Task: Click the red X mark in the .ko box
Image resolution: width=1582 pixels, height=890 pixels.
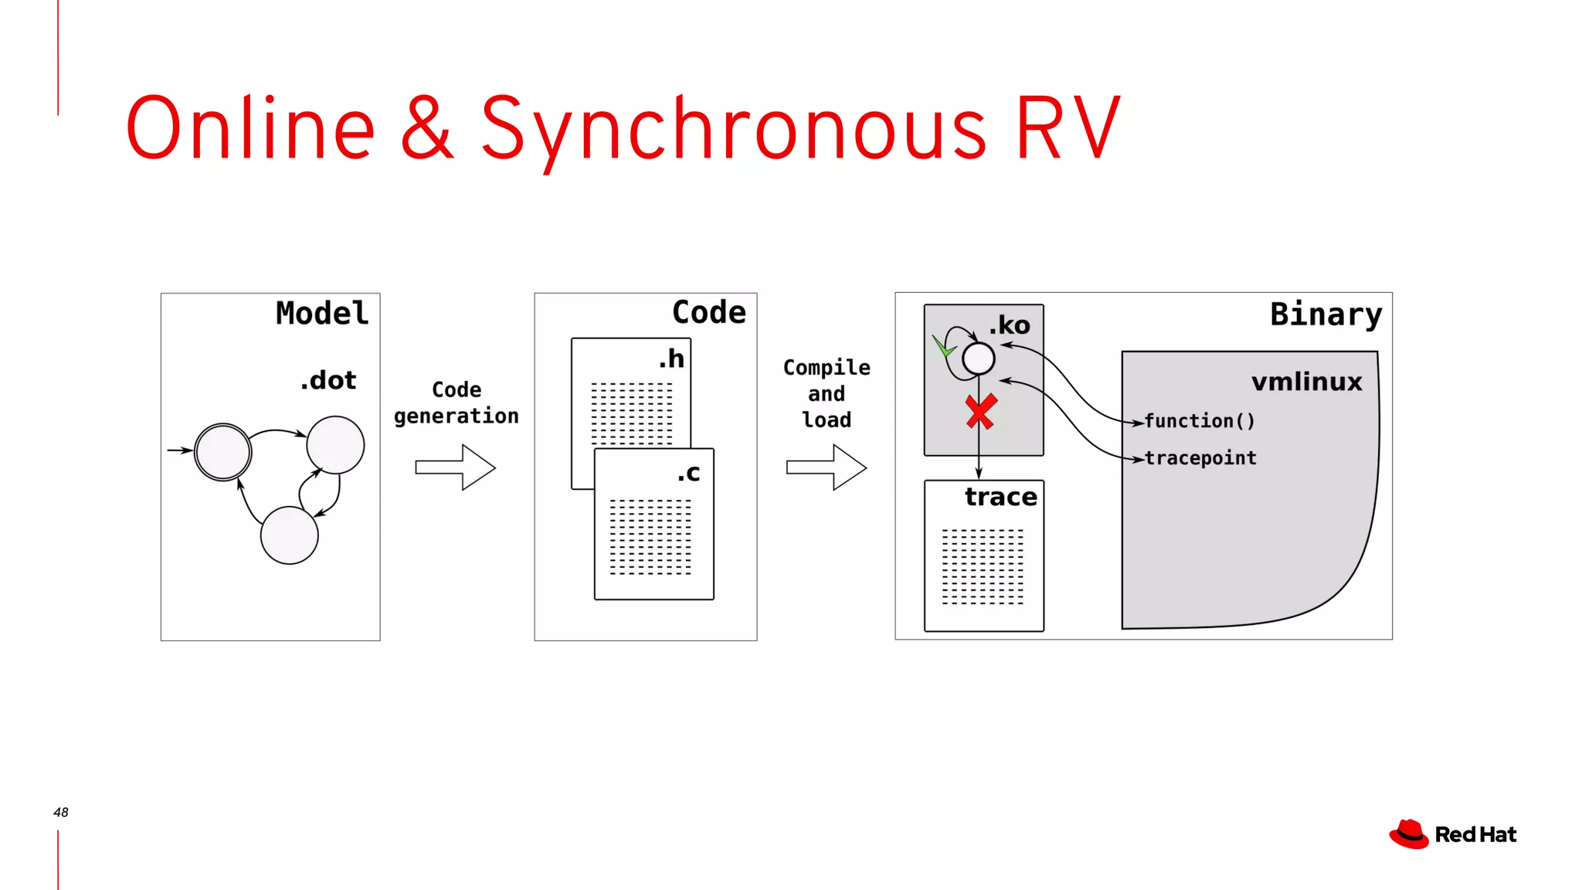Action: [x=981, y=412]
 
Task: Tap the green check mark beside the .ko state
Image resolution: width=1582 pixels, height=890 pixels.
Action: [x=943, y=346]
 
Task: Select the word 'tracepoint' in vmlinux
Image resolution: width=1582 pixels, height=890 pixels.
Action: [x=1200, y=458]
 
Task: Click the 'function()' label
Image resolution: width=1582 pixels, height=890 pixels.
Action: [x=1199, y=421]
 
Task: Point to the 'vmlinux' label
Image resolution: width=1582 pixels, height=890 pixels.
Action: [x=1306, y=382]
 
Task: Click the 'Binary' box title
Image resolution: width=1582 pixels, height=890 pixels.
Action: [x=1326, y=314]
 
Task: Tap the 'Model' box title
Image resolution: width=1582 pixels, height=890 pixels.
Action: [x=322, y=314]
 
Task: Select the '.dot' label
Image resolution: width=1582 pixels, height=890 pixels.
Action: [x=328, y=380]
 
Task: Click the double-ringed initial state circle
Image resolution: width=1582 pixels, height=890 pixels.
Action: [x=222, y=452]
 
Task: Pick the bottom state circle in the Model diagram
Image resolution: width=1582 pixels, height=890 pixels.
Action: [x=289, y=535]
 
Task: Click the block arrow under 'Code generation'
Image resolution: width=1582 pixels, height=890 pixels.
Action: [x=455, y=467]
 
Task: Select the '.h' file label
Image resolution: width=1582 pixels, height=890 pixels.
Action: [x=671, y=358]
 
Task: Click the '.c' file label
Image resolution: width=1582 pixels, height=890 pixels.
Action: [x=688, y=473]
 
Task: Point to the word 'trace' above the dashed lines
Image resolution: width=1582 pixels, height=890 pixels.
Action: [x=1000, y=497]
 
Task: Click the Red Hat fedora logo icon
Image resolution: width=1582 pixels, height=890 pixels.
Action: [x=1409, y=834]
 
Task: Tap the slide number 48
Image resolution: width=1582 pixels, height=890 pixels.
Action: [x=61, y=812]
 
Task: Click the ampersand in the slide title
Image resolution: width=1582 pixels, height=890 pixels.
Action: [x=427, y=127]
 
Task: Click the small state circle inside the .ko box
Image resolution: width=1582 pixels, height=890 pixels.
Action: [x=978, y=358]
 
